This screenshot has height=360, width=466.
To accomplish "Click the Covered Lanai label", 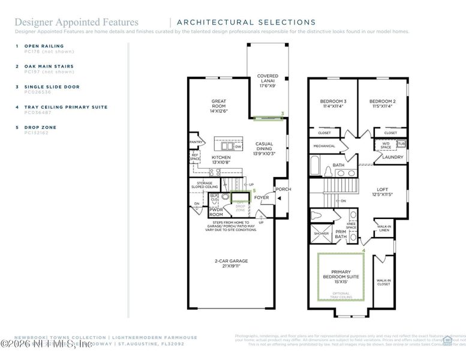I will click(x=267, y=81).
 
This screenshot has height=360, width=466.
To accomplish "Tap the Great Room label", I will click(x=218, y=106).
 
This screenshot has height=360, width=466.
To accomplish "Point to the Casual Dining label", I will click(x=264, y=149).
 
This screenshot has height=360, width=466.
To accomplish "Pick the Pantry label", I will click(x=196, y=142).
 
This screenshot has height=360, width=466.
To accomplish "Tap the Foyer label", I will click(x=261, y=197).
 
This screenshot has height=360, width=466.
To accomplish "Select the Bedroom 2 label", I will click(x=381, y=104).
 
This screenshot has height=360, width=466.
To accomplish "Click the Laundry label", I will click(x=393, y=157).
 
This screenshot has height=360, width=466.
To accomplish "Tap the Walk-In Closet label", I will click(x=383, y=282).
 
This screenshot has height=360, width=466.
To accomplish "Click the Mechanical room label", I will click(x=324, y=146).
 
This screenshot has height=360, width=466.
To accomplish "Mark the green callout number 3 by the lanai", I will click(x=282, y=113).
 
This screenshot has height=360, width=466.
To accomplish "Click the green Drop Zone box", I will click(x=240, y=202).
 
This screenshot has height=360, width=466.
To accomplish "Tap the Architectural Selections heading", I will click(x=246, y=22).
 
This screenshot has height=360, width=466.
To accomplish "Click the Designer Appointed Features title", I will click(x=76, y=22).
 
